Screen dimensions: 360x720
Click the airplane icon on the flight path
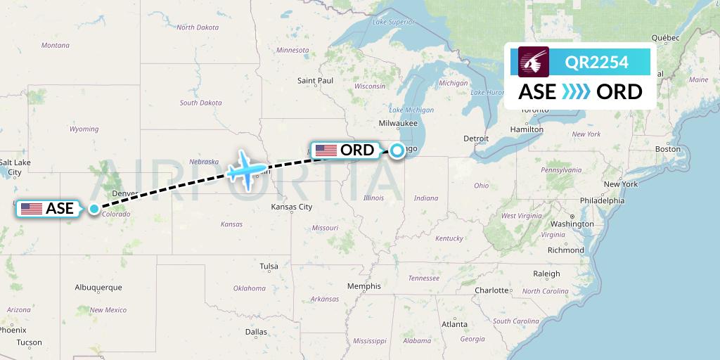click(x=247, y=169)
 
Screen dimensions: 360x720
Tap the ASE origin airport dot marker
click(x=94, y=208)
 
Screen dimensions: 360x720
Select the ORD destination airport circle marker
click(x=398, y=150)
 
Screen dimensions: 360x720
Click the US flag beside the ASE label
click(x=32, y=208)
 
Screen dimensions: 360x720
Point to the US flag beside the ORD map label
click(x=326, y=150)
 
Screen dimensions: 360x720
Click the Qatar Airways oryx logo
click(x=533, y=62)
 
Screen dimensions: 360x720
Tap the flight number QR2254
click(x=597, y=63)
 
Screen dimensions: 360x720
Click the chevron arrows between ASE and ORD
click(x=576, y=92)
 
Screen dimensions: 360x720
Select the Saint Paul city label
click(x=315, y=81)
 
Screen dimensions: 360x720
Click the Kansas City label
click(x=292, y=207)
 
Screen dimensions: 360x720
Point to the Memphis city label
click(x=364, y=286)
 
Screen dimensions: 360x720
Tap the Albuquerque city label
click(x=98, y=288)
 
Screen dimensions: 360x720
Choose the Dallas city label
click(x=256, y=332)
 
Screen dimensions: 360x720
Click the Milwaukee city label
click(x=397, y=123)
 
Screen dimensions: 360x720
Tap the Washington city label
click(x=572, y=224)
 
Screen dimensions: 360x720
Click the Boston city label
click(x=667, y=149)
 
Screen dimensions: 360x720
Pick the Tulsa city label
click(x=269, y=266)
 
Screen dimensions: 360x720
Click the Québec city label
click(x=664, y=38)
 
